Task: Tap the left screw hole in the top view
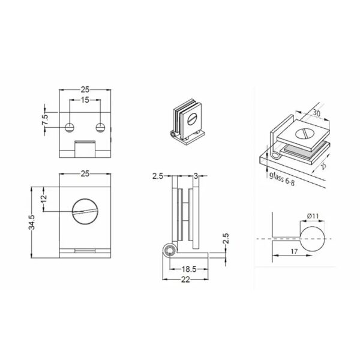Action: click(70, 127)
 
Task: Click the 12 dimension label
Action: click(44, 199)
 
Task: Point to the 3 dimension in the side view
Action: click(196, 175)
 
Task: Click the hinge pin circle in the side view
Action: click(170, 249)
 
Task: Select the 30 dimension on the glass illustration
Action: click(316, 113)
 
